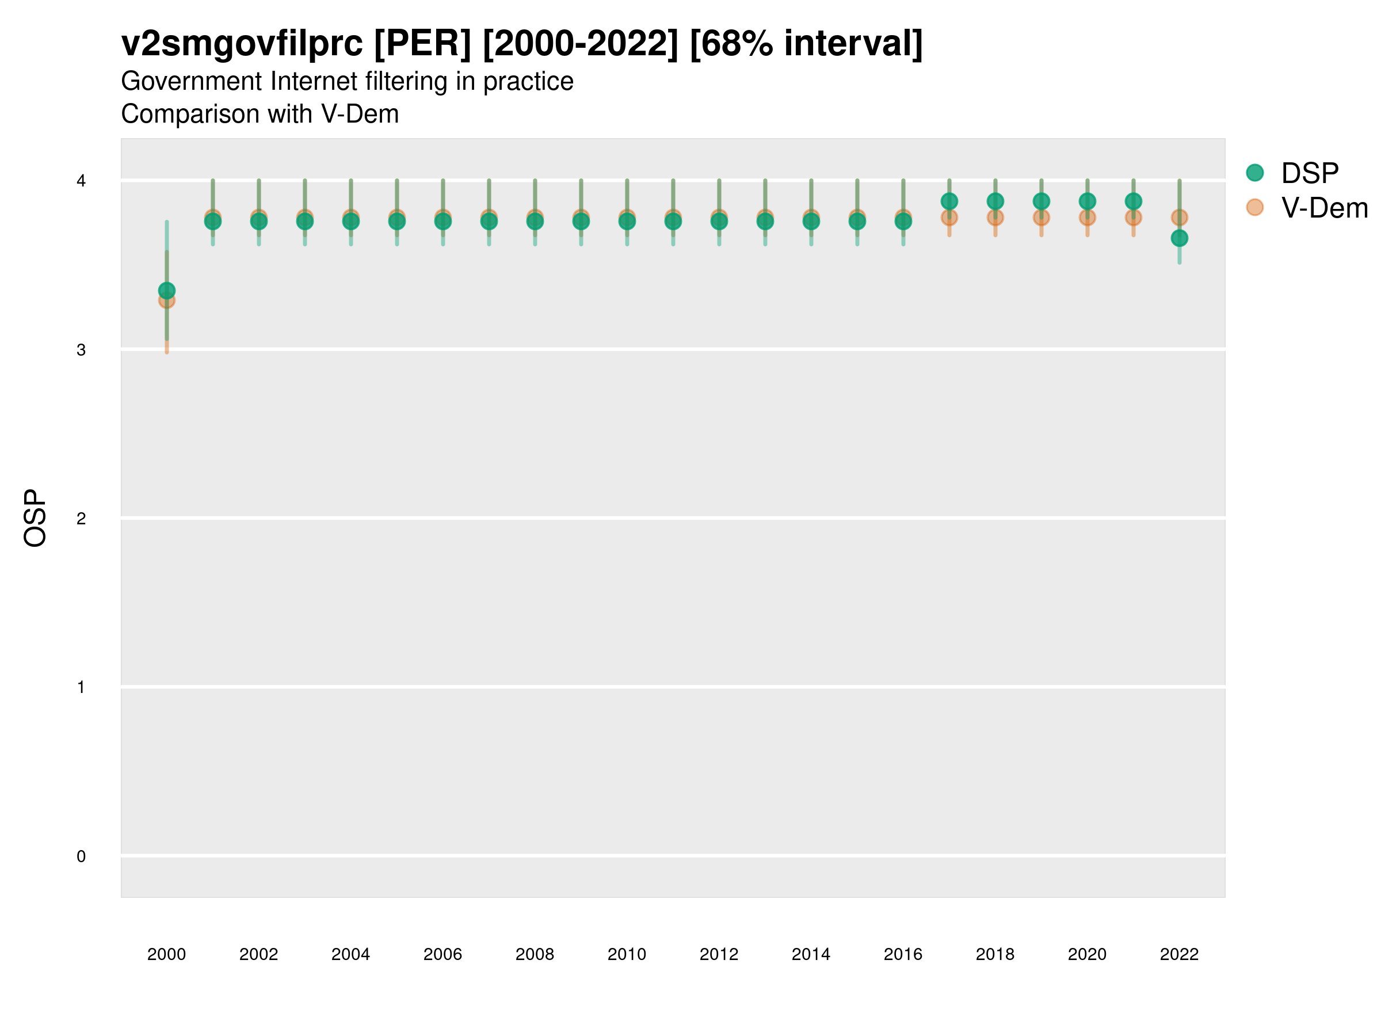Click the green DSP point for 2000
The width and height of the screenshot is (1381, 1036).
pyautogui.click(x=167, y=291)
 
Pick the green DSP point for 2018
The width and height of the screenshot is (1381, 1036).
pyautogui.click(x=995, y=201)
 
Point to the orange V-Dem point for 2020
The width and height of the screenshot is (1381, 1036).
pyautogui.click(x=1087, y=218)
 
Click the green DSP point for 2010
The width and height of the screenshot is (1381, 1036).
pyautogui.click(x=627, y=221)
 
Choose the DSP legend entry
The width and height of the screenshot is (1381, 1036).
pyautogui.click(x=1309, y=173)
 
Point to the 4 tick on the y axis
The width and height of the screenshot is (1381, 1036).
pyautogui.click(x=81, y=181)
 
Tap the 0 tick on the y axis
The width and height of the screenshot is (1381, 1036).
pyautogui.click(x=81, y=856)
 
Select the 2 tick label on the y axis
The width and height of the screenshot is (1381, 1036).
pyautogui.click(x=81, y=519)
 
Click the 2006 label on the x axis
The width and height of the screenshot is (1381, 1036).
pyautogui.click(x=442, y=954)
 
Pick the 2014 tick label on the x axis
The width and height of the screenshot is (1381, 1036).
pyautogui.click(x=810, y=954)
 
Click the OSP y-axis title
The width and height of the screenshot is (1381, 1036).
pyautogui.click(x=35, y=519)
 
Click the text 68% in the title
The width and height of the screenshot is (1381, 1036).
pyautogui.click(x=733, y=44)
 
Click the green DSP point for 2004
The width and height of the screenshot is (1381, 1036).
pyautogui.click(x=351, y=221)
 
